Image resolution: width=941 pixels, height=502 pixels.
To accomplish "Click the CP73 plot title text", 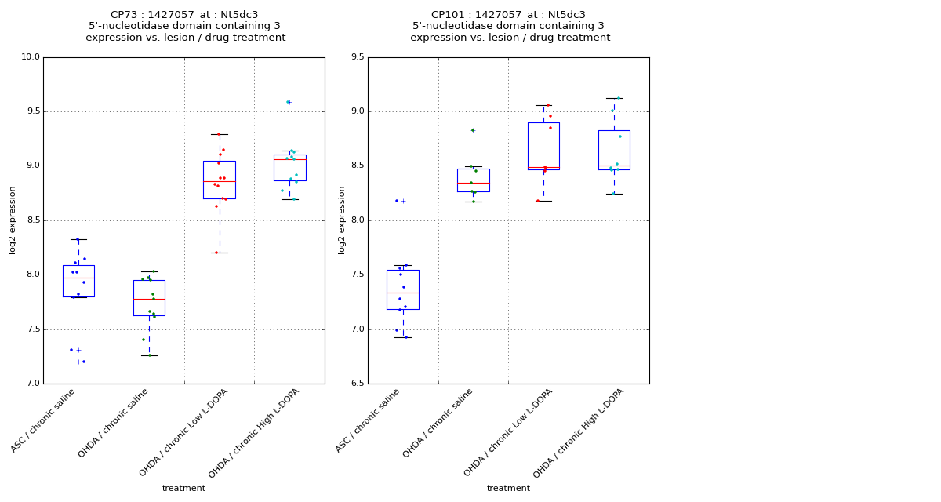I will (184, 26).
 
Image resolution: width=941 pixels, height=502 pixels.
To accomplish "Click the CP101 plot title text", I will (509, 26).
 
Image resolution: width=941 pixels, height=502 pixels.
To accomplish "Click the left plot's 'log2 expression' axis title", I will (13, 220).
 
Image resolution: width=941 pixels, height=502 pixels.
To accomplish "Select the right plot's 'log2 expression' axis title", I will (342, 220).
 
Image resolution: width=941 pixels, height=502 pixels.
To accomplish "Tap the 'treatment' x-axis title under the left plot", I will (183, 489).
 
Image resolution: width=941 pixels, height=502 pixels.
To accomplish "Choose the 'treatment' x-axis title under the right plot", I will (508, 489).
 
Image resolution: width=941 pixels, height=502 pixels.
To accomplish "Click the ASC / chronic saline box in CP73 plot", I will (78, 281).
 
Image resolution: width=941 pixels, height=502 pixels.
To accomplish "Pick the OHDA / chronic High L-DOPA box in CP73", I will (290, 167).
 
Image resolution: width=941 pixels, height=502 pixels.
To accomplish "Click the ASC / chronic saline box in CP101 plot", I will (403, 289).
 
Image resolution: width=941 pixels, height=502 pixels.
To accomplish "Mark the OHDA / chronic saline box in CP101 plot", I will (474, 180).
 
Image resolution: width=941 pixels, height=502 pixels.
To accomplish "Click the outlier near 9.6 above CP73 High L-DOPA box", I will (289, 102).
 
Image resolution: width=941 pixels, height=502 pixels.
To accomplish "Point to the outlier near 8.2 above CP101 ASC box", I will (403, 202).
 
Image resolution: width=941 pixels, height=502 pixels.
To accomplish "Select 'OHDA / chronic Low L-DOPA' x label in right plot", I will (509, 431).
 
